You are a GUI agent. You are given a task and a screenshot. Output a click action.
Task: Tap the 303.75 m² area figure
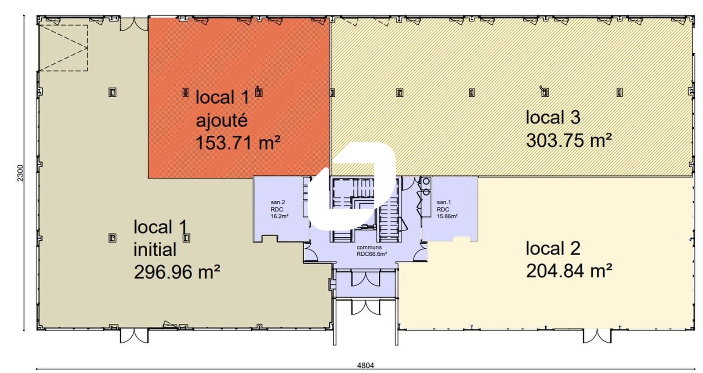pos(569,140)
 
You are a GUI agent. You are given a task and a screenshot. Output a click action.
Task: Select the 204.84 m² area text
pos(569,271)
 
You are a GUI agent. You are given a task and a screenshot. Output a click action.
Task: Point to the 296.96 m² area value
pos(177,272)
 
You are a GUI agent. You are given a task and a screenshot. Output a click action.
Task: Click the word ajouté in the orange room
pos(222,120)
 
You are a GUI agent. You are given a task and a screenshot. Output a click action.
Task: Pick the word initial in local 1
pos(155,250)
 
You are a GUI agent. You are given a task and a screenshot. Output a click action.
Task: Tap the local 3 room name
pos(553,117)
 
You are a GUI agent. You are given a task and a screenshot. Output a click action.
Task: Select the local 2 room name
pos(553,248)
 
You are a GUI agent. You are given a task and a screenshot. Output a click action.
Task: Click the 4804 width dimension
pos(366,365)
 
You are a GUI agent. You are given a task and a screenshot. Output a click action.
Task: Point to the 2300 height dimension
pos(20,173)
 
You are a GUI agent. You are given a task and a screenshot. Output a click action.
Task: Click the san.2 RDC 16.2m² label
pos(279,209)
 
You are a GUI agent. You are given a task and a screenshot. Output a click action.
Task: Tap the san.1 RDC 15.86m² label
pos(447,209)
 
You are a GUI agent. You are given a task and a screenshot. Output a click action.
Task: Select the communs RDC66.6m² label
pos(372,251)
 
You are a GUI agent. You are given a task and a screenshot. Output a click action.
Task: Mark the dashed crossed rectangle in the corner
pos(63,48)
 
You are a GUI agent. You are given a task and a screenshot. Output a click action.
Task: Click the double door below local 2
pos(597,336)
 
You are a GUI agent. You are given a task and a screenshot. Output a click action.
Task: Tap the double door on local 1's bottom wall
pos(134,336)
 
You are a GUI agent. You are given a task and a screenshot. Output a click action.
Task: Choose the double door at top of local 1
pos(134,24)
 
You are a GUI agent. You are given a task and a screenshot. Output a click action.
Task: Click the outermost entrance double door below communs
pos(366,308)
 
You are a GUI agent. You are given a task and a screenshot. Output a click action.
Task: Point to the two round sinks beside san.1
pos(426,187)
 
